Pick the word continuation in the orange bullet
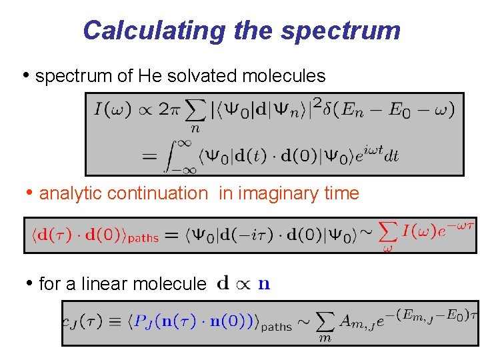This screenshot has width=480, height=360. pyautogui.click(x=157, y=193)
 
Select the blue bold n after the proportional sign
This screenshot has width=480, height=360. pyautogui.click(x=264, y=284)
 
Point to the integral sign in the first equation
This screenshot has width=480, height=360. pyautogui.click(x=171, y=155)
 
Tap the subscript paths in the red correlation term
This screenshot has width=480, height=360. pyautogui.click(x=141, y=238)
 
